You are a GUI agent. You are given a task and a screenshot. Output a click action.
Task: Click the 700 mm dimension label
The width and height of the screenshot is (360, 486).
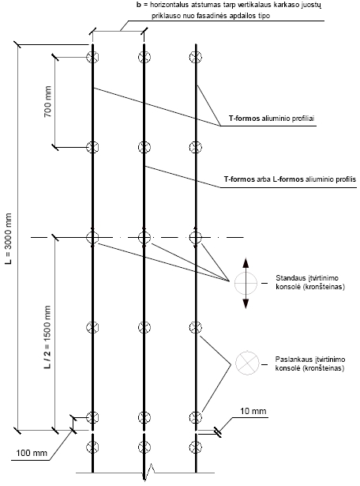click(x=47, y=102)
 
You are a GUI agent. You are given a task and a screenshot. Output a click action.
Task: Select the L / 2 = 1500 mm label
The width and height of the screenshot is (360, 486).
click(x=47, y=337)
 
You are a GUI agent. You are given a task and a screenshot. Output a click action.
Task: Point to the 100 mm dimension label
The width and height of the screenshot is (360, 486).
click(x=32, y=453)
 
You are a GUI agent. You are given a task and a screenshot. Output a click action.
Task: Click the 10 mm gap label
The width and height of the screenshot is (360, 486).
click(x=253, y=411)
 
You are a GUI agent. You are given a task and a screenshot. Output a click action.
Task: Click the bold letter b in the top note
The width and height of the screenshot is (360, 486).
click(x=139, y=5)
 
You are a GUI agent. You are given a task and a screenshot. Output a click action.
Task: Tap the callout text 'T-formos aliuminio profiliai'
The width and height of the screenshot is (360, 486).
click(x=272, y=119)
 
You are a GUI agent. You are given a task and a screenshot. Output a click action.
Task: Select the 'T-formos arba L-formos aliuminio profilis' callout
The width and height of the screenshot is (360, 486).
click(x=290, y=179)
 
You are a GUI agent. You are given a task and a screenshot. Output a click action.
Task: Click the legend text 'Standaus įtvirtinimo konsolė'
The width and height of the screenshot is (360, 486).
click(x=310, y=282)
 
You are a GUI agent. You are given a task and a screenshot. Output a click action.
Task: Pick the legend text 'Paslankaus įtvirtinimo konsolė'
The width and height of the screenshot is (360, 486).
click(x=310, y=364)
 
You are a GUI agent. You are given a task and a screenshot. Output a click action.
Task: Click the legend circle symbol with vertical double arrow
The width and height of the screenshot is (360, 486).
click(x=246, y=283)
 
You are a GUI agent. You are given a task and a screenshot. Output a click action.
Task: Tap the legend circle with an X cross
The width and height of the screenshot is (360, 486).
click(x=247, y=364)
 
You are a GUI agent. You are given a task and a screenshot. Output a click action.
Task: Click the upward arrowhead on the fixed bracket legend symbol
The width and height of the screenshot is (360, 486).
click(x=246, y=262)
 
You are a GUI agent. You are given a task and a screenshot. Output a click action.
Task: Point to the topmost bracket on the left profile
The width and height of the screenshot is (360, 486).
click(x=92, y=57)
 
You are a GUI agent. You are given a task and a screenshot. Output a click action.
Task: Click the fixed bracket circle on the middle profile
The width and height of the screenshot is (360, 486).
click(x=144, y=238)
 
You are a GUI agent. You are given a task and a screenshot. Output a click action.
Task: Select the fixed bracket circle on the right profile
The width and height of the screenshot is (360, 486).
click(x=196, y=238)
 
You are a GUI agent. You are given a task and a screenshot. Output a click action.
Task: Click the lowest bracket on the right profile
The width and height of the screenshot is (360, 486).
click(x=196, y=447)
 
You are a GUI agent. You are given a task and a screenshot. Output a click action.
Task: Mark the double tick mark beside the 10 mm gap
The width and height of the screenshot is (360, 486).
click(x=218, y=432)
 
